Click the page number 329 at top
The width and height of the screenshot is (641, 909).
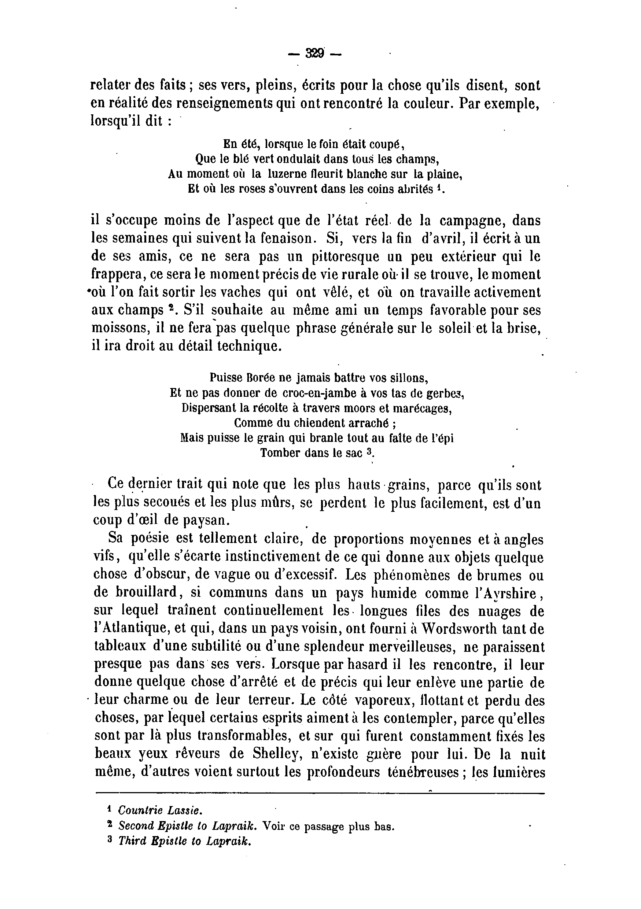pyautogui.click(x=315, y=53)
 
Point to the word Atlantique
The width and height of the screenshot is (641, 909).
pyautogui.click(x=128, y=629)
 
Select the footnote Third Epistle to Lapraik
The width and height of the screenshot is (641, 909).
pyautogui.click(x=185, y=840)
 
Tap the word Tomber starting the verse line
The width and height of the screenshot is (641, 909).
pyautogui.click(x=280, y=453)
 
